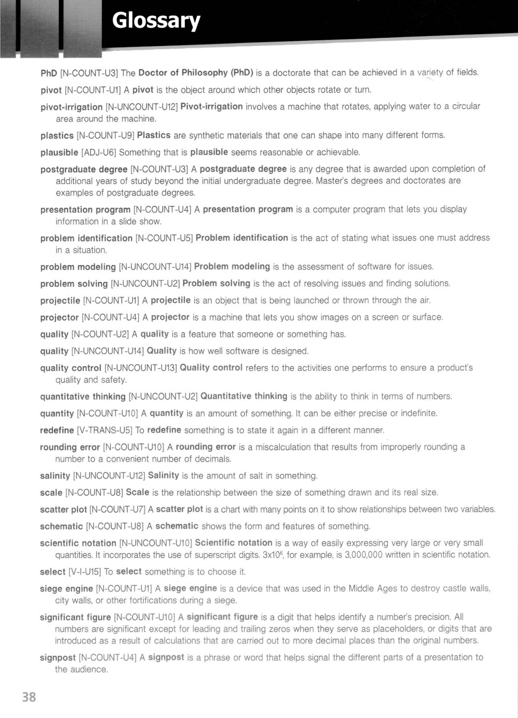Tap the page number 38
pos(29,697)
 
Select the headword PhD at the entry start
pos(49,73)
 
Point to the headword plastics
pos(57,136)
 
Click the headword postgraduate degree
pos(84,169)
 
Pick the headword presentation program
pos(85,210)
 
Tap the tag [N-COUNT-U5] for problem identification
pos(164,238)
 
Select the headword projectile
pos(60,301)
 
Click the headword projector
pos(60,318)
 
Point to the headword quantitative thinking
pos(83,397)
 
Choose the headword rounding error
pos(70,447)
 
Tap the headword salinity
pos(55,476)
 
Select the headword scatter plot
pos(63,510)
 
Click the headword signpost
pos(57,658)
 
